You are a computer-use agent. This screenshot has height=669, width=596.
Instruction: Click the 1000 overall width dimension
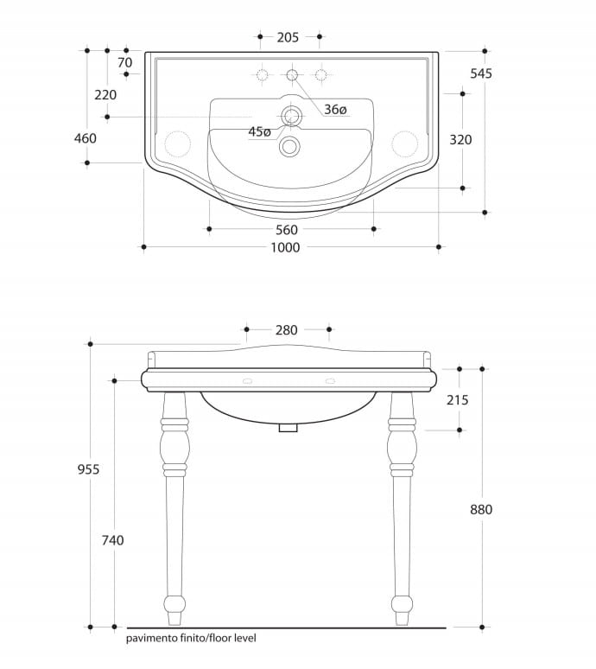pos(285,247)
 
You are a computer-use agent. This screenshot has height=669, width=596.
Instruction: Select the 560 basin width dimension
pos(287,230)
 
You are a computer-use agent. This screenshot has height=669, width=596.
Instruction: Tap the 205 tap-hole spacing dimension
pos(288,37)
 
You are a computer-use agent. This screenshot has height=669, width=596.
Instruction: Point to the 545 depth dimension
pos(481,73)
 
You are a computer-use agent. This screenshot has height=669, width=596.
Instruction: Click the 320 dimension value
pos(460,140)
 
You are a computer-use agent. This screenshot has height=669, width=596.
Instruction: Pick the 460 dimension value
pos(86,138)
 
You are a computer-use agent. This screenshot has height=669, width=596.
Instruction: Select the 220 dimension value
pos(105,95)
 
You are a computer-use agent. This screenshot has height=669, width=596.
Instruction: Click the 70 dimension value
pos(125,63)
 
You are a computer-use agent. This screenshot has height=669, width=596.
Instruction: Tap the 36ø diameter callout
pos(335,110)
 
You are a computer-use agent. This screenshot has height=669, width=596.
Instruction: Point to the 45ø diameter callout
pos(260,132)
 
